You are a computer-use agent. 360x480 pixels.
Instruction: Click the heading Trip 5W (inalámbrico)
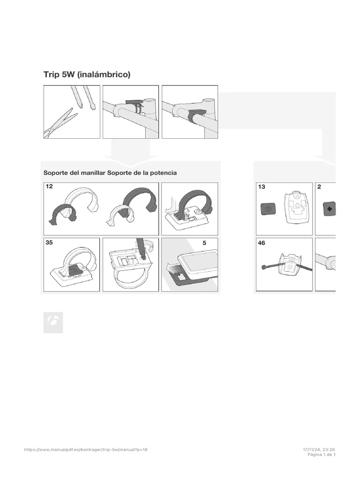(x=87, y=75)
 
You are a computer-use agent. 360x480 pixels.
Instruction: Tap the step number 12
(x=49, y=186)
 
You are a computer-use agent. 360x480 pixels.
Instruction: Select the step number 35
(x=49, y=242)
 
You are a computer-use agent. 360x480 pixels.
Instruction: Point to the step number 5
(x=204, y=243)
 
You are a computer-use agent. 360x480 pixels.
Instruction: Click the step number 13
(x=262, y=187)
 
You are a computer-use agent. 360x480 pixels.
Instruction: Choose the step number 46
(x=262, y=243)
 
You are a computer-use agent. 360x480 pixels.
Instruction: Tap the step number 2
(x=319, y=187)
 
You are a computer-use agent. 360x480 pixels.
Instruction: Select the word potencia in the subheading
(x=165, y=172)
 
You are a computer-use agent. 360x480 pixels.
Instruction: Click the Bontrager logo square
(x=53, y=322)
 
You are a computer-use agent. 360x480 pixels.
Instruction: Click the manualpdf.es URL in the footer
(x=86, y=450)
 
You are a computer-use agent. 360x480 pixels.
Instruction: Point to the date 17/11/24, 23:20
(x=319, y=450)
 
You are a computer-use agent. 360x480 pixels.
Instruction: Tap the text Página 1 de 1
(x=322, y=455)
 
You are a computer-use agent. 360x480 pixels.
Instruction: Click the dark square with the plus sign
(x=330, y=209)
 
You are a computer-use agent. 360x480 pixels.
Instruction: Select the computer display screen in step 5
(x=202, y=261)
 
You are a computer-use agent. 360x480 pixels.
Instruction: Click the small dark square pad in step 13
(x=268, y=209)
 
